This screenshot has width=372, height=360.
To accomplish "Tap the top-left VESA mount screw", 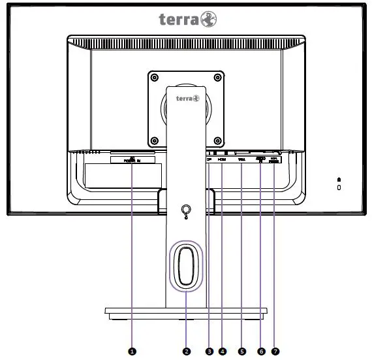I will [154, 77].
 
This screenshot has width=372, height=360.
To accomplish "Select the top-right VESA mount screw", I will [217, 77].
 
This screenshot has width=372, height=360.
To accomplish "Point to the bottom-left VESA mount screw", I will [154, 140].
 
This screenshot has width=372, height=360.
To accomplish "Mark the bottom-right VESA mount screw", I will [217, 140].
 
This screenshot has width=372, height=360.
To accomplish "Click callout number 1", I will [132, 351].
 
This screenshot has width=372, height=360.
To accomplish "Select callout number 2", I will [187, 351].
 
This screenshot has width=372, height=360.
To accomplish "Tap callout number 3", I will [209, 351].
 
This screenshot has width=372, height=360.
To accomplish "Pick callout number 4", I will [223, 351].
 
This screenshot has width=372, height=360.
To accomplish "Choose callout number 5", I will [242, 351].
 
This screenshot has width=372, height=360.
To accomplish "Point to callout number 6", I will [262, 351].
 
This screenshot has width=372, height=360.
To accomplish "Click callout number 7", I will [275, 351].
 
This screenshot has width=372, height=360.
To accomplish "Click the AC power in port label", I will [132, 159].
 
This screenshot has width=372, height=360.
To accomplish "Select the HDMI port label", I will [222, 159].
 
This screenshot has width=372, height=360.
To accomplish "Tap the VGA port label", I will [241, 159].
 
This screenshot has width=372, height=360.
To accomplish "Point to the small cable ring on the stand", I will [185, 211].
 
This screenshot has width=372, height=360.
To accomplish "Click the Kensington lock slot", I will [339, 188].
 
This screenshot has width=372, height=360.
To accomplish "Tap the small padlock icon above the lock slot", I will [339, 179].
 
